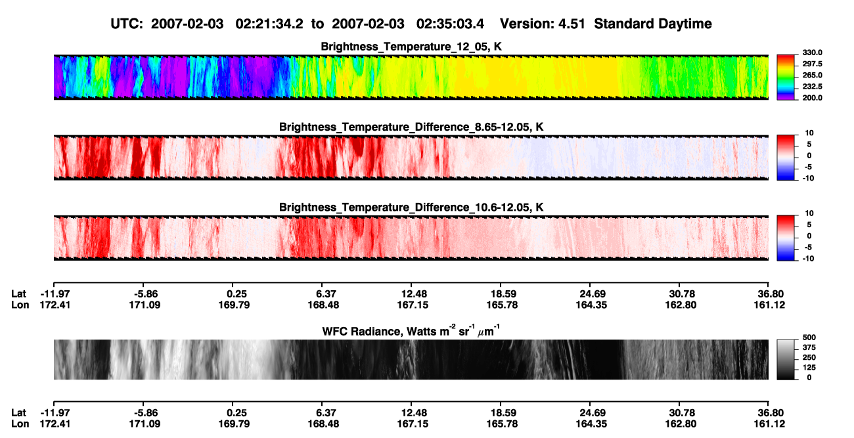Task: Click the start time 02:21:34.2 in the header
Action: tap(269, 24)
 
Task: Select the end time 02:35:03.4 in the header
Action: tap(450, 24)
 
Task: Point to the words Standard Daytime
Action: tap(653, 24)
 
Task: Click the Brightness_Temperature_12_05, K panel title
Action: tap(411, 47)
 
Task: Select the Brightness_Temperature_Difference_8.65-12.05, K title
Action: tap(411, 127)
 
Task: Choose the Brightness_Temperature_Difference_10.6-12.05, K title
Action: tap(411, 208)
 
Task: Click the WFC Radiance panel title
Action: tap(411, 331)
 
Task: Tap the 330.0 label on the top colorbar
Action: tap(812, 53)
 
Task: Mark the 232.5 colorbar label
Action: tap(812, 87)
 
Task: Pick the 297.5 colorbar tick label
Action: tap(812, 64)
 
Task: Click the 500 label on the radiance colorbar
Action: tap(809, 338)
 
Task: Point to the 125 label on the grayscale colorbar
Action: tap(809, 368)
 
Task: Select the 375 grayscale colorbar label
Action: tap(809, 347)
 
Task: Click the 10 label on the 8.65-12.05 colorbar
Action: tap(809, 133)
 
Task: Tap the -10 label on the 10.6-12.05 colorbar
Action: tap(808, 259)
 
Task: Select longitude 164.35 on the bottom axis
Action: tap(591, 424)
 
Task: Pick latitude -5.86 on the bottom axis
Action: tap(146, 413)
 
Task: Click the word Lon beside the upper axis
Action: tap(20, 305)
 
